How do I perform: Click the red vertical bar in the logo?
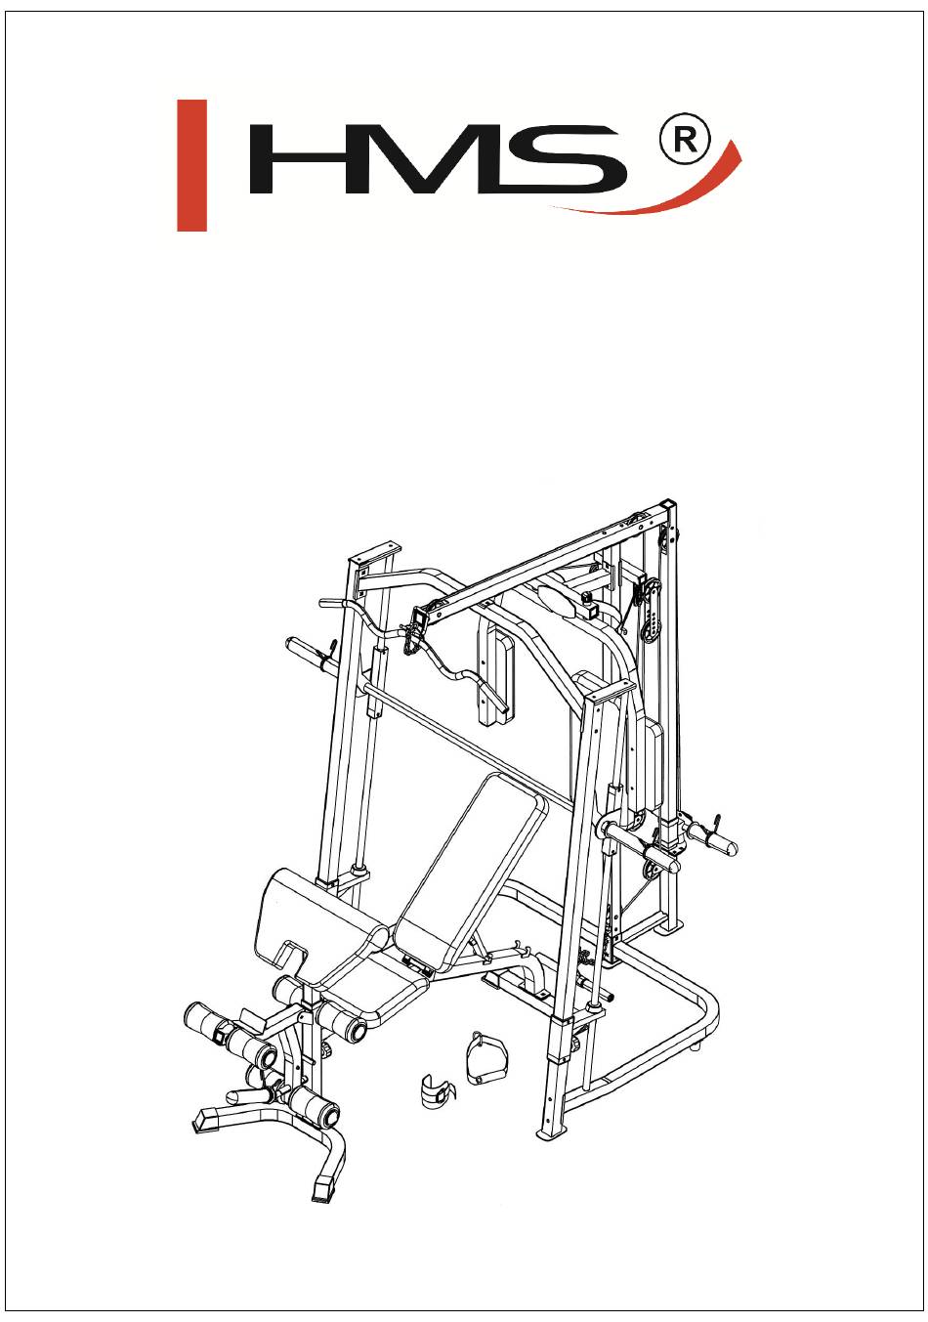click(x=191, y=165)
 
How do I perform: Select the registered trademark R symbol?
click(x=685, y=141)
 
